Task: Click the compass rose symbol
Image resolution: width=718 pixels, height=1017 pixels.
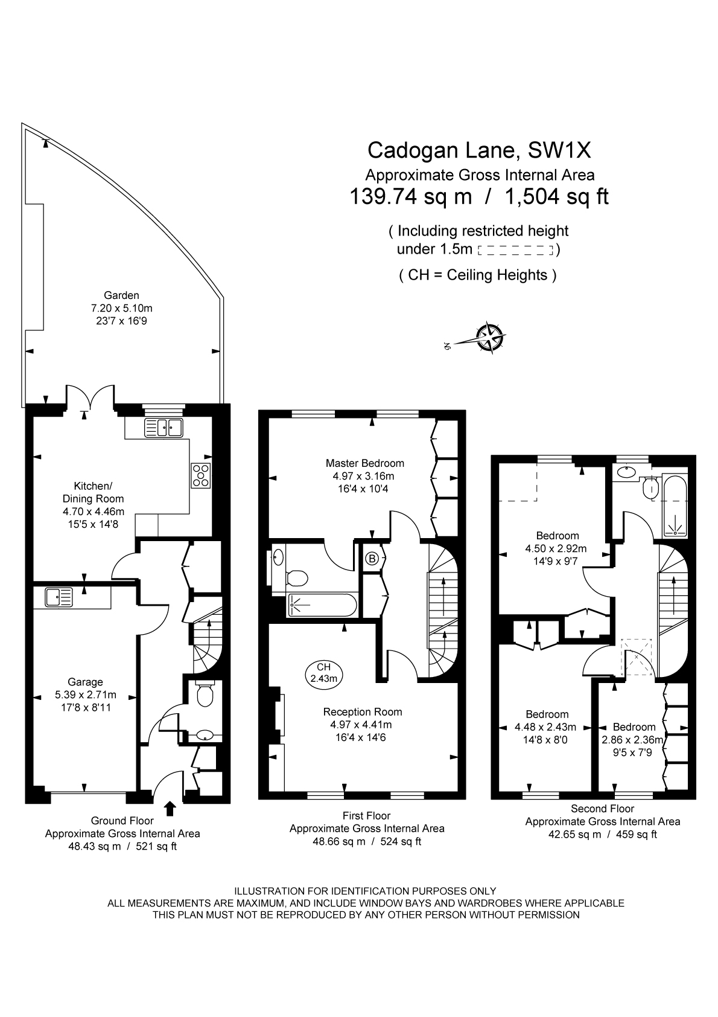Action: point(489,337)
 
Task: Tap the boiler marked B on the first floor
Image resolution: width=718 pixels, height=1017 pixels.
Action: point(372,559)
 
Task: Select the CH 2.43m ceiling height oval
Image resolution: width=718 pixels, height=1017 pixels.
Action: point(323,672)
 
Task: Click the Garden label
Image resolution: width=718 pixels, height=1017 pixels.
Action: point(121,295)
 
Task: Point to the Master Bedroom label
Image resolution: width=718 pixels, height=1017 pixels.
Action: point(364,463)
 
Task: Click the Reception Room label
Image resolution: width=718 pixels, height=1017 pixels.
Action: point(362,711)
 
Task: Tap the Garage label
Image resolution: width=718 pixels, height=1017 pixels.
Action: point(85,682)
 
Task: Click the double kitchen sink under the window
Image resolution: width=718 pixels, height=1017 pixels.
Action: point(163,428)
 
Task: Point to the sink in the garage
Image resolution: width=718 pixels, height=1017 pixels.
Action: point(58,597)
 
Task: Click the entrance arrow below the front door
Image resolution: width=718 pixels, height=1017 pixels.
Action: point(170,808)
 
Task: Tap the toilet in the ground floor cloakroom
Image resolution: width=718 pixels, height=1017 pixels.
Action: point(205,696)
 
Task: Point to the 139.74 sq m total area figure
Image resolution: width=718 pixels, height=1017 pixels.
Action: point(411,197)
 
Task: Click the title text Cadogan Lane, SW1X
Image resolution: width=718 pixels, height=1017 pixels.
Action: point(479,149)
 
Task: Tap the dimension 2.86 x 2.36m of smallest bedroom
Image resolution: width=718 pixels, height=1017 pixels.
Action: point(632,740)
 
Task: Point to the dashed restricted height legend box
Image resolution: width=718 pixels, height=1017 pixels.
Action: point(515,249)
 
